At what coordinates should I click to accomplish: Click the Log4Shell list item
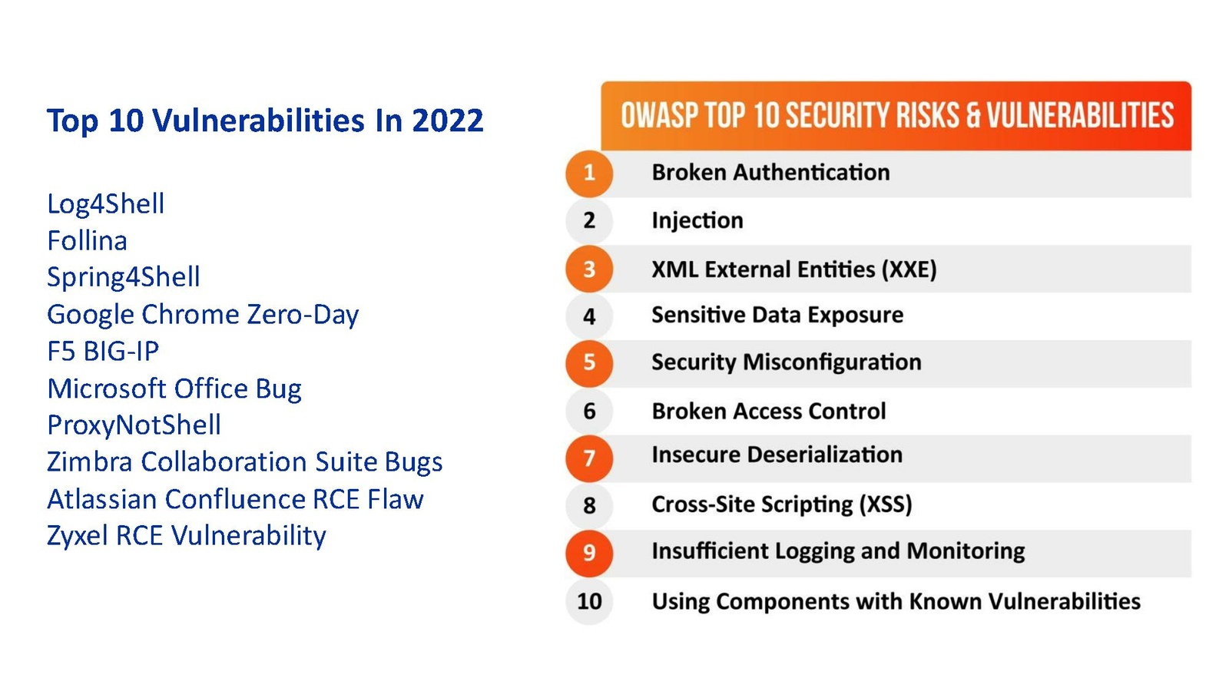pyautogui.click(x=105, y=204)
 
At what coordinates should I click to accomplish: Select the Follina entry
pyautogui.click(x=88, y=241)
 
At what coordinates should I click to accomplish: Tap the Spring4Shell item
pyautogui.click(x=124, y=277)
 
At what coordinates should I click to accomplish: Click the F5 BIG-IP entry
pyautogui.click(x=103, y=351)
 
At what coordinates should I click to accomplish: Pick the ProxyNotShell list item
pyautogui.click(x=134, y=425)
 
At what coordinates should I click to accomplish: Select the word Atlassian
pyautogui.click(x=102, y=499)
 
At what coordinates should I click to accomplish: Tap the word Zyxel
pyautogui.click(x=78, y=536)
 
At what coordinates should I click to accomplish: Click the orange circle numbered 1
pyautogui.click(x=589, y=174)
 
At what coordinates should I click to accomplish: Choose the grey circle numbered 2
pyautogui.click(x=589, y=220)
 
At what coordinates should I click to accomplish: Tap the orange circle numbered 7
pyautogui.click(x=589, y=458)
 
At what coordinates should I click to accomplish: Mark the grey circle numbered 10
pyautogui.click(x=589, y=602)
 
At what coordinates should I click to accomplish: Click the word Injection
pyautogui.click(x=697, y=220)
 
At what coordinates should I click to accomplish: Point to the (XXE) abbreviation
pyautogui.click(x=909, y=269)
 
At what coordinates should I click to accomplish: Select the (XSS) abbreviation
pyautogui.click(x=885, y=504)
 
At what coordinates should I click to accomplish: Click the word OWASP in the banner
pyautogui.click(x=660, y=116)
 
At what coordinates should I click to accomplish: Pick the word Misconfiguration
pyautogui.click(x=832, y=362)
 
